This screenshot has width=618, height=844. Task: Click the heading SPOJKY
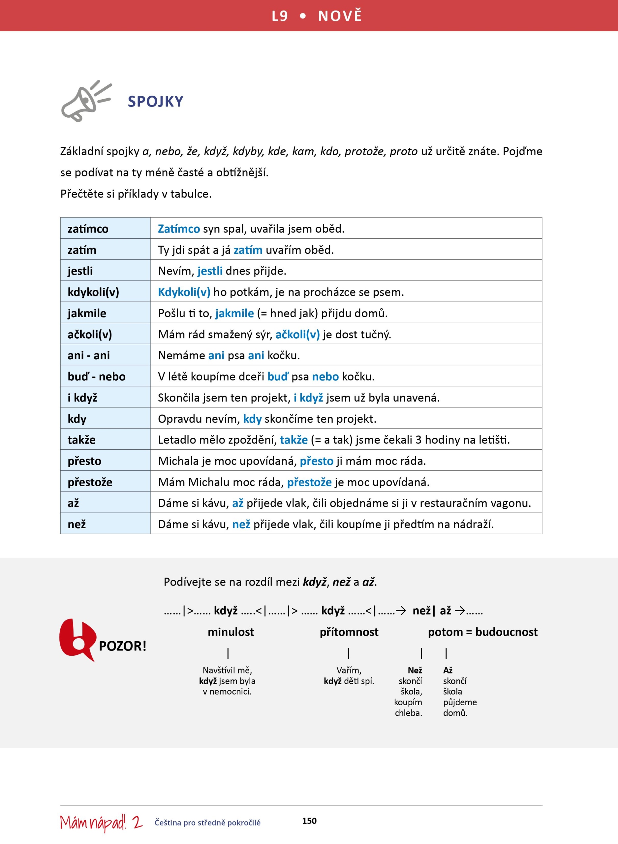coord(155,101)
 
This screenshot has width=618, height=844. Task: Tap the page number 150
coord(309,821)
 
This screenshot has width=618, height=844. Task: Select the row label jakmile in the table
coord(87,313)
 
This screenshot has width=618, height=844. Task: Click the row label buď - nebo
coord(97,376)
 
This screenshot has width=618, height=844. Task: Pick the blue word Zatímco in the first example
coord(179,228)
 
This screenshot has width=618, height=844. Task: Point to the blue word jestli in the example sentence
coord(210,271)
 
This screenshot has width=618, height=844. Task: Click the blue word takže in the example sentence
coord(294,439)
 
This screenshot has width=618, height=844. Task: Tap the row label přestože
coord(90,482)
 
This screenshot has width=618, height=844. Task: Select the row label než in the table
coord(77,524)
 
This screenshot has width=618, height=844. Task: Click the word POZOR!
coord(122,646)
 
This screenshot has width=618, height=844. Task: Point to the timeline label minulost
coord(231,632)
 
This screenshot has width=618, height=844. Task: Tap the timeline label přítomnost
coord(349,632)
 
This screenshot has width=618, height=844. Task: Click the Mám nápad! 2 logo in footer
coord(101,822)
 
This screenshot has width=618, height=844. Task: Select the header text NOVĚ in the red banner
coord(340,16)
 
